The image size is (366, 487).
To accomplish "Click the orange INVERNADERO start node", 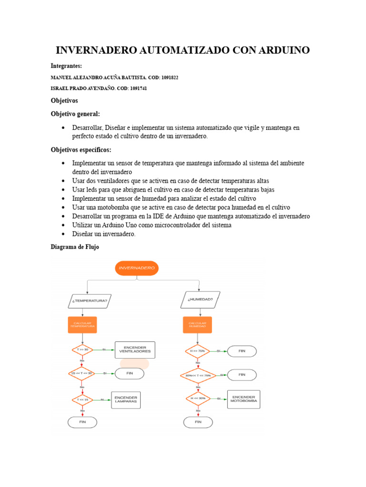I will coord(137,268).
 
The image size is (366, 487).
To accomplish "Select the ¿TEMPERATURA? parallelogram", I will coord(90,301).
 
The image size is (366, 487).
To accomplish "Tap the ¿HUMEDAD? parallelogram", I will coord(200,300).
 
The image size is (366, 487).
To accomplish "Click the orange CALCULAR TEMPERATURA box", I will coord(82,325).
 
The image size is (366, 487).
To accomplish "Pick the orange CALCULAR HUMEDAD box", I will coord(197,325).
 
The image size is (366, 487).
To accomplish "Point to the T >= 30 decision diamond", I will coord(82,350).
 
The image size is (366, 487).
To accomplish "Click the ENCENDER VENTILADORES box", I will coord(135,350).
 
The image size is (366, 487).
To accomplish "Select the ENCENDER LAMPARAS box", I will coord(126,399).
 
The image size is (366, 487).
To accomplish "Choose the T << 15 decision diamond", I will coord(82,399).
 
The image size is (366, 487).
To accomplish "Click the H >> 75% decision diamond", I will coord(197,351).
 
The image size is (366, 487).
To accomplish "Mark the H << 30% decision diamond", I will coord(197,399).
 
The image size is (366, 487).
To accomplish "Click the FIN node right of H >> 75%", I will coord(242,351).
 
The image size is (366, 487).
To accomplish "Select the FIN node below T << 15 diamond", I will coord(82,422).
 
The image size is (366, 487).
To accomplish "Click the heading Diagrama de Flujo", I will coord(75,247).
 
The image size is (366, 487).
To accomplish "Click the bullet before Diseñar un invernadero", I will coord(63,234).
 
